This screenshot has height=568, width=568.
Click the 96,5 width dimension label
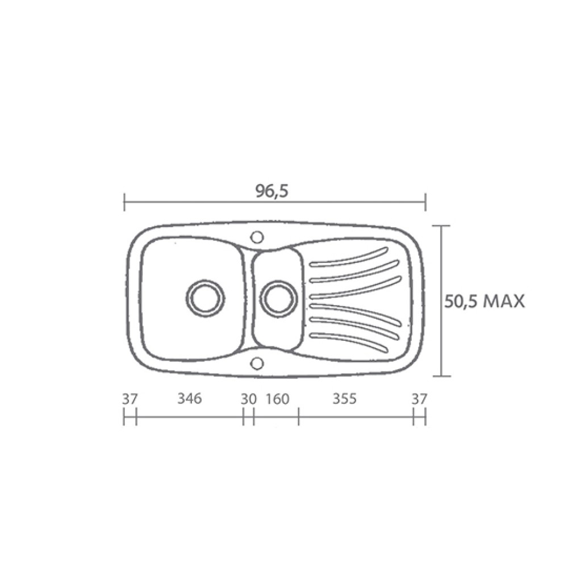pyautogui.click(x=272, y=191)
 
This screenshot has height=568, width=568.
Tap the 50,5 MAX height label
pyautogui.click(x=485, y=301)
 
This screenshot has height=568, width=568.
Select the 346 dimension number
pyautogui.click(x=190, y=399)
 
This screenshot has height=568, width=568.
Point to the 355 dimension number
pyautogui.click(x=345, y=399)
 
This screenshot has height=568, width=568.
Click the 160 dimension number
pyautogui.click(x=278, y=399)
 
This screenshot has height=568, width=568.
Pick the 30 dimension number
pyautogui.click(x=249, y=399)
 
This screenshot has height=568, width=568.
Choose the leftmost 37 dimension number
pyautogui.click(x=130, y=399)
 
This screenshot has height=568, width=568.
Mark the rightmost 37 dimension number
pyautogui.click(x=419, y=399)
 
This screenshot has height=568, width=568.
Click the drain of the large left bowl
pyautogui.click(x=206, y=299)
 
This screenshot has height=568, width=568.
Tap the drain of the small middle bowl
pyautogui.click(x=278, y=299)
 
